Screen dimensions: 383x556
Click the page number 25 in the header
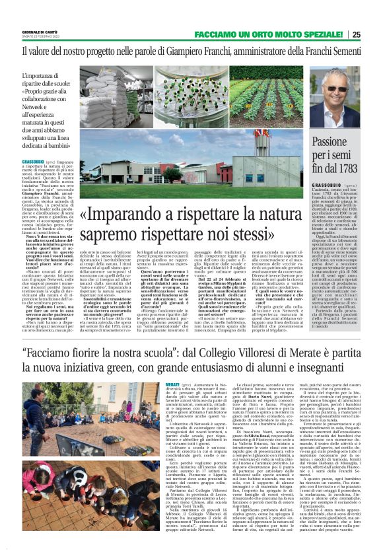tap(374, 35)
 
